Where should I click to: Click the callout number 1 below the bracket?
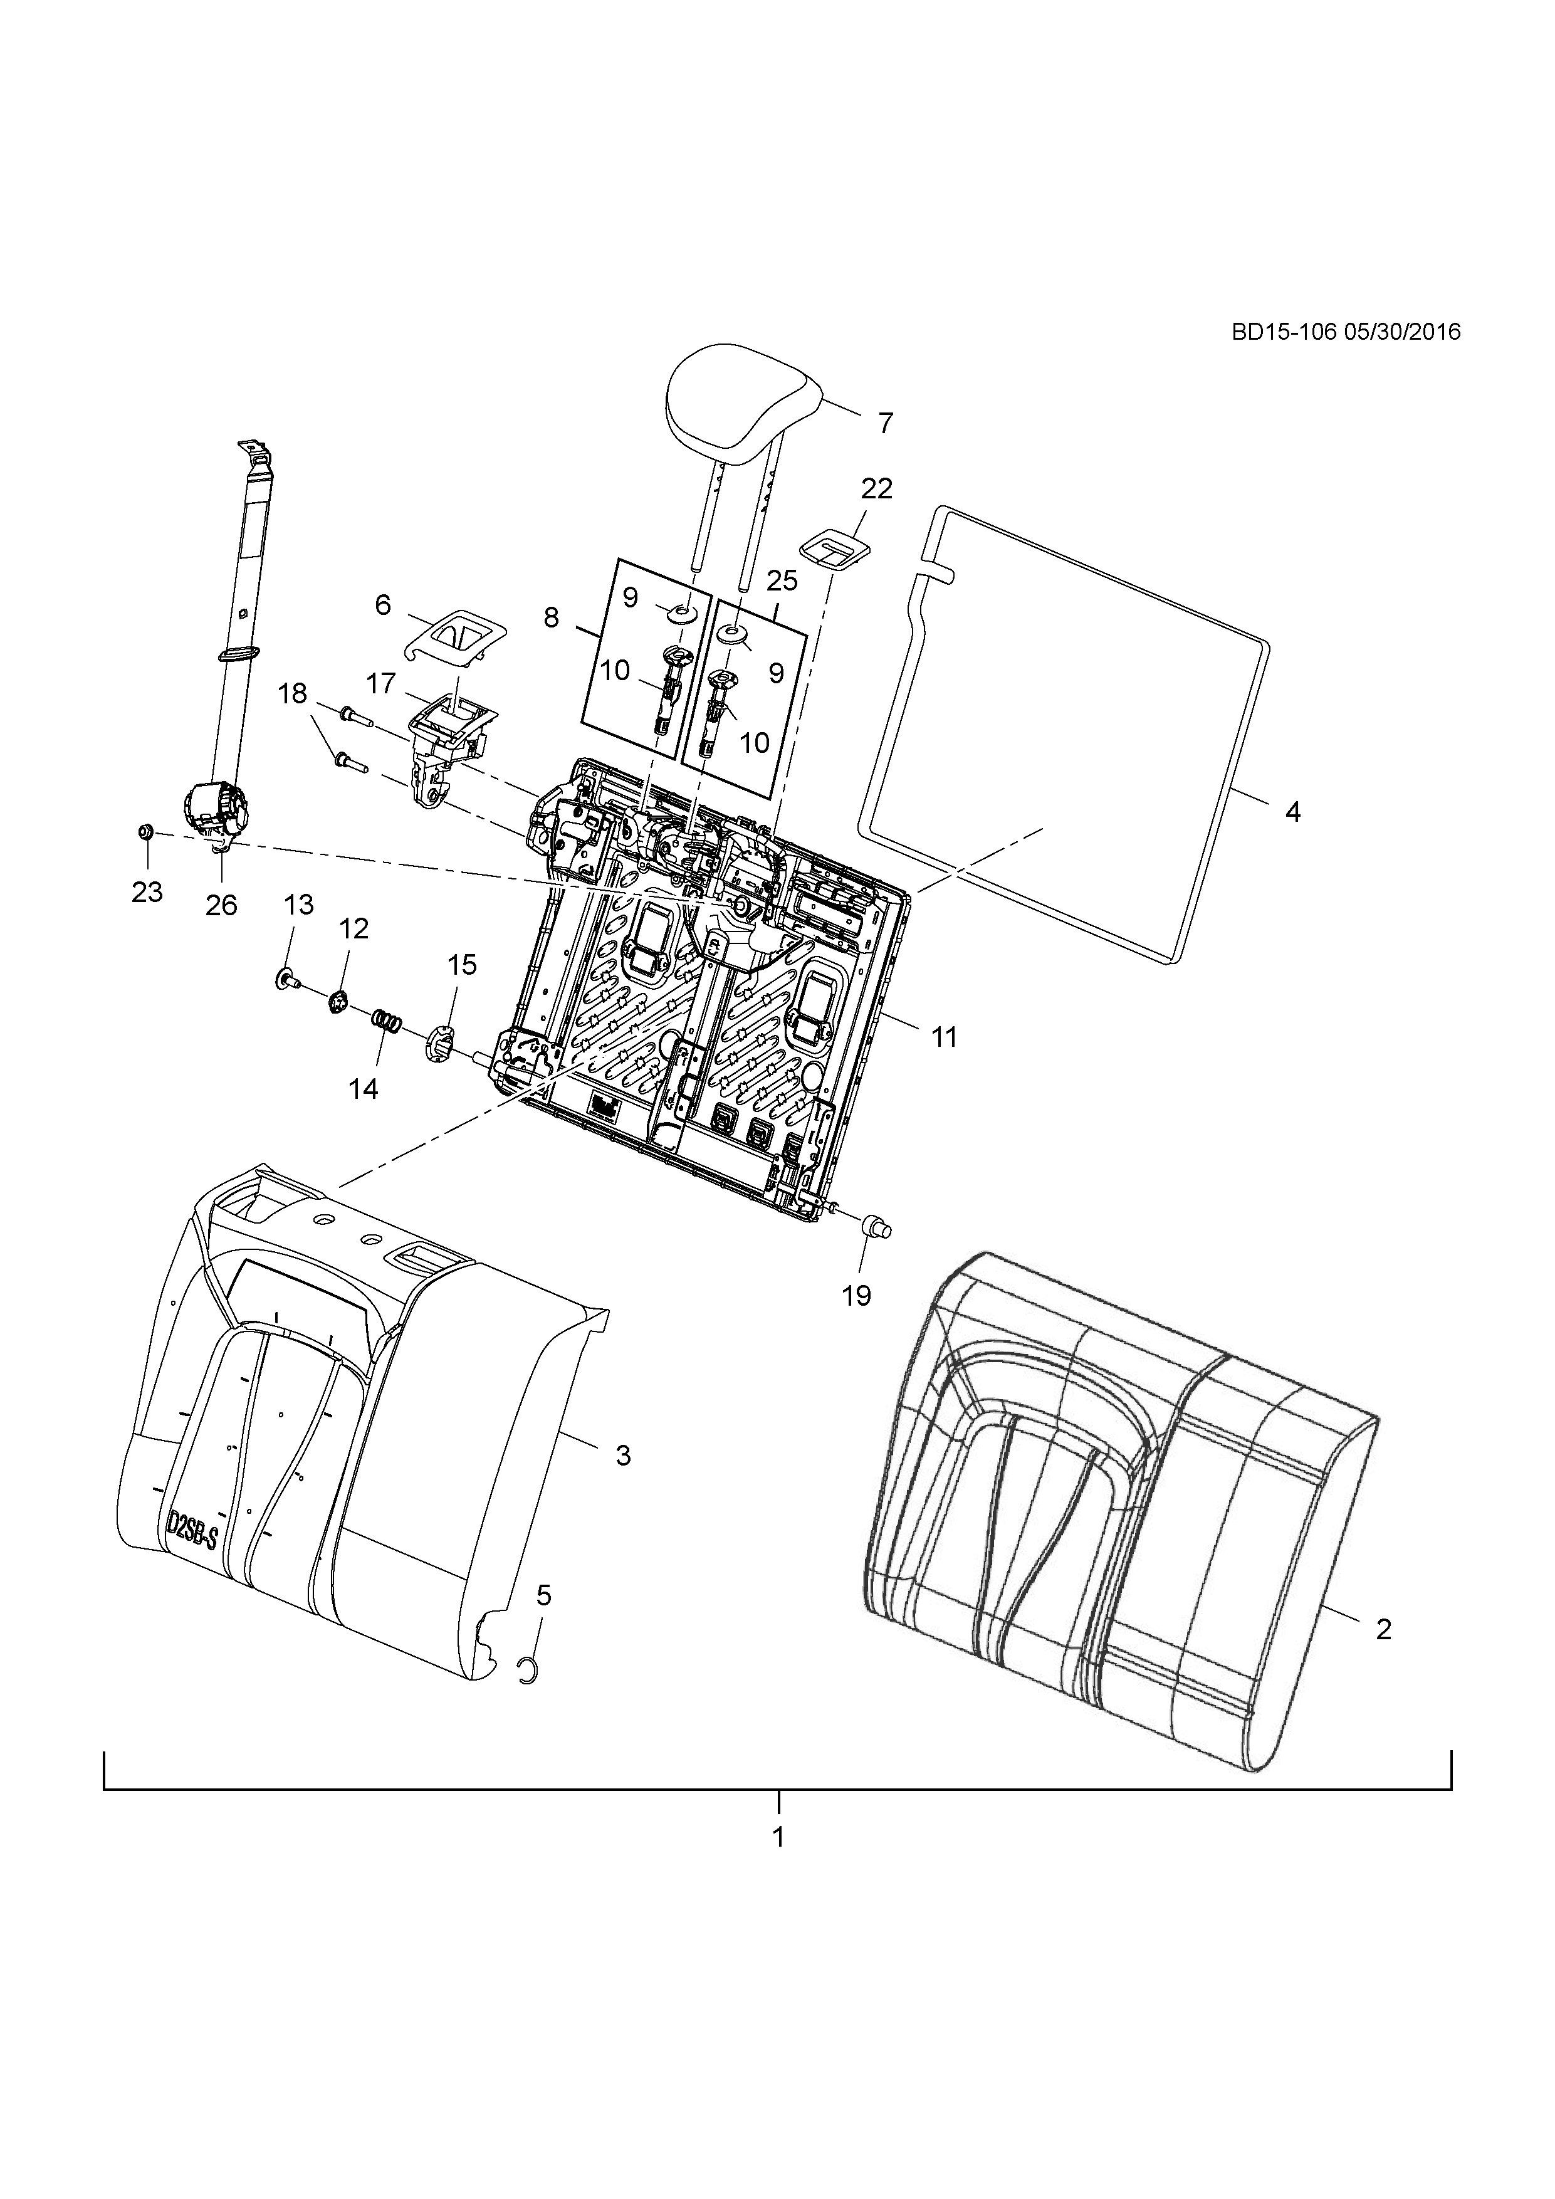[x=778, y=1837]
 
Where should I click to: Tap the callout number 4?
[x=1292, y=812]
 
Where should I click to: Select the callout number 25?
[x=782, y=581]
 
